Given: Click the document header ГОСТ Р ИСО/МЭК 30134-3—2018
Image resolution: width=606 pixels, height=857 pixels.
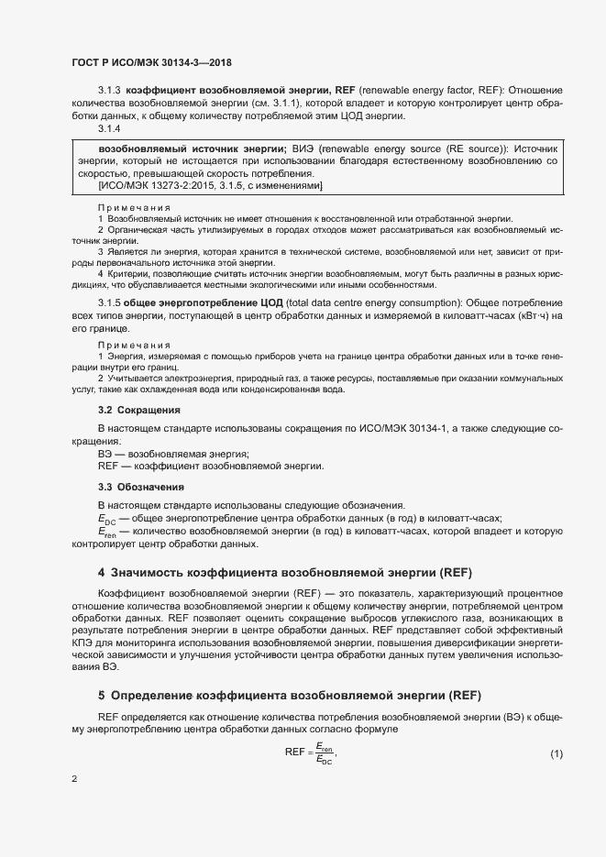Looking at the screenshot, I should pyautogui.click(x=151, y=62).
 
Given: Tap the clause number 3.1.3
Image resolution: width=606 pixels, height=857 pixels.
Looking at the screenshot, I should pyautogui.click(x=109, y=91).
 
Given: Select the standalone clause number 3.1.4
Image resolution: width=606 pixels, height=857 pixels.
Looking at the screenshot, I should pyautogui.click(x=109, y=128).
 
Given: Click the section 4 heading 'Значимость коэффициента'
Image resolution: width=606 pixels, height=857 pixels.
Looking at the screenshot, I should pyautogui.click(x=284, y=573).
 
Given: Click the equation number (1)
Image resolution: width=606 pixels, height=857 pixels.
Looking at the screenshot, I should pyautogui.click(x=556, y=753).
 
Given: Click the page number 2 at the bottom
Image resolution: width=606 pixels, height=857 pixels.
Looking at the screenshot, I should pyautogui.click(x=74, y=779).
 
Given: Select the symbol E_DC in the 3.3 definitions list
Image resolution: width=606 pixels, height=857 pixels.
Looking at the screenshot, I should pyautogui.click(x=106, y=519).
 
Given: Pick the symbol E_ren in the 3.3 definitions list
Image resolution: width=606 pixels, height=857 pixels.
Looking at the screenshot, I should pyautogui.click(x=106, y=532).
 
